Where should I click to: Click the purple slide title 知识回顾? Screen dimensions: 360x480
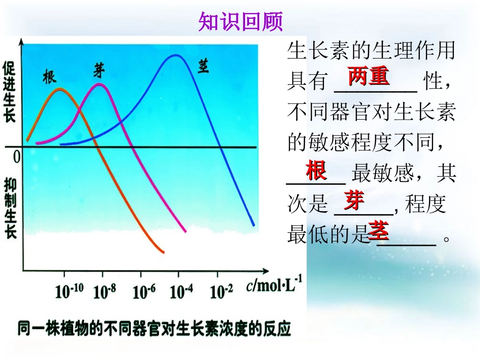pyautogui.click(x=241, y=22)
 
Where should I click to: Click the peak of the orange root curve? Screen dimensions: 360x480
pyautogui.click(x=60, y=89)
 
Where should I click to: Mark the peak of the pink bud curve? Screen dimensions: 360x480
pyautogui.click(x=99, y=84)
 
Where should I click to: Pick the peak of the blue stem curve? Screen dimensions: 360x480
pyautogui.click(x=175, y=55)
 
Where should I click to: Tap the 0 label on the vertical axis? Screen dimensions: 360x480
pyautogui.click(x=16, y=157)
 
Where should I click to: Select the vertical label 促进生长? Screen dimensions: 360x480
pyautogui.click(x=10, y=92)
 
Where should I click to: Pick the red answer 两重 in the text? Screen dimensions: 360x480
pyautogui.click(x=368, y=77)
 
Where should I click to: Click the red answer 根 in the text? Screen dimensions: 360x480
pyautogui.click(x=316, y=171)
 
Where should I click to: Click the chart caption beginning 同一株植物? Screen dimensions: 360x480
pyautogui.click(x=154, y=329)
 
